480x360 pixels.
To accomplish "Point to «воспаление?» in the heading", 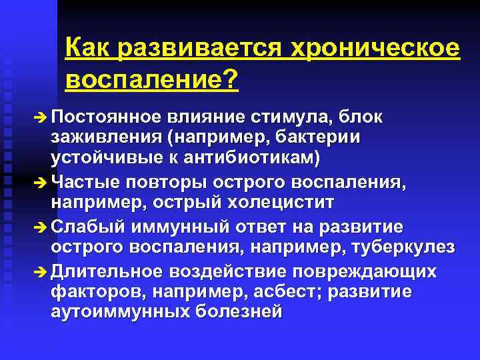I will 152,80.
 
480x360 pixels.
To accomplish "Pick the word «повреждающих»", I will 371,271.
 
